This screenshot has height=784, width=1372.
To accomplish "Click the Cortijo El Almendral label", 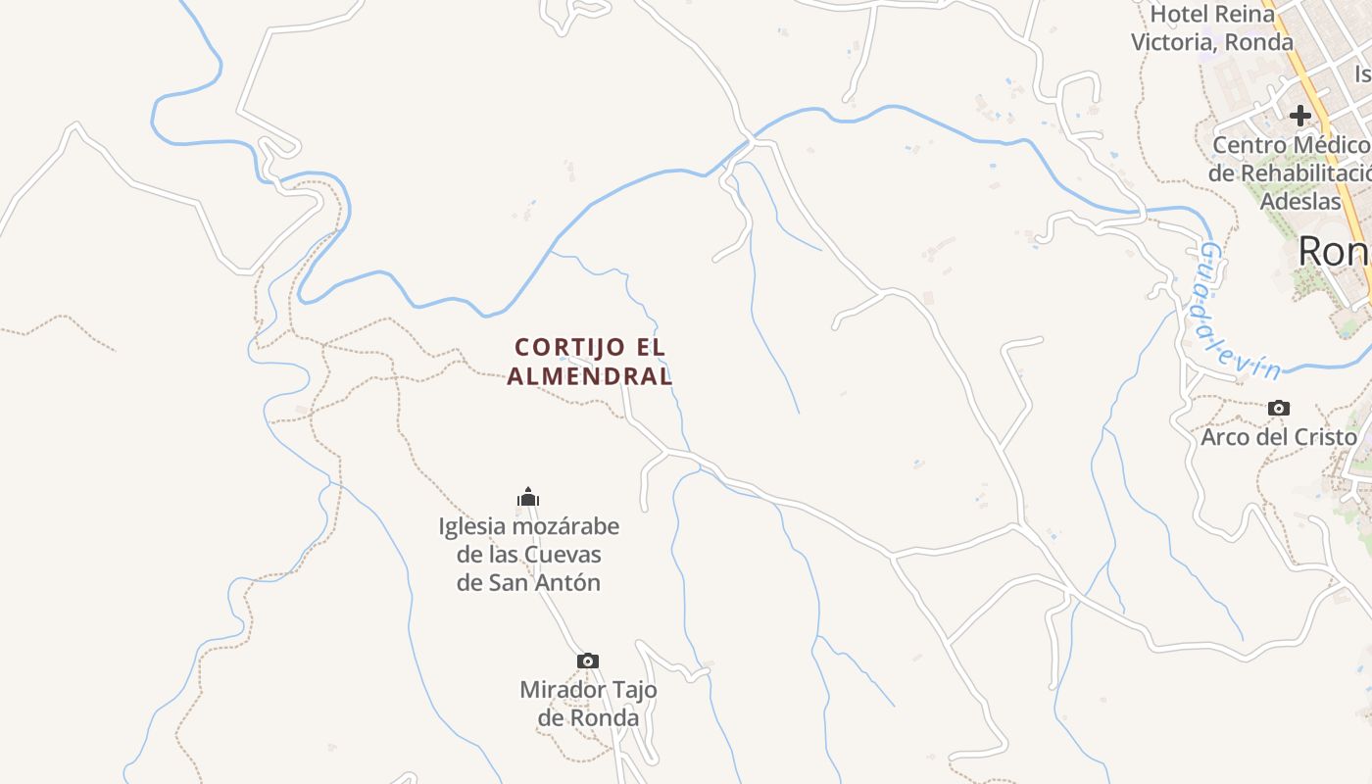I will coord(590,361).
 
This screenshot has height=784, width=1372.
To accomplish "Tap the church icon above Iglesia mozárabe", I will coord(529,497).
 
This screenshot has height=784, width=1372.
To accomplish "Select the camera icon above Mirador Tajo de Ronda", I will coord(588,661).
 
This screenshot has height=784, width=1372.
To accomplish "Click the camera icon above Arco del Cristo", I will coord(1279,408).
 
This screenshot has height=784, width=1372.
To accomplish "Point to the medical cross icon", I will coord(1300,116).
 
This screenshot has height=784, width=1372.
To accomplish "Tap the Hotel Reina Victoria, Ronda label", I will coord(1212,28).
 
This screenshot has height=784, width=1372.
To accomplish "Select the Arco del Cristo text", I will coord(1279,437).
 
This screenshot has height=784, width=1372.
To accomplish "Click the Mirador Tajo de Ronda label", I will coord(588,704).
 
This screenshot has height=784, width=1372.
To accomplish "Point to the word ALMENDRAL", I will coord(590,375).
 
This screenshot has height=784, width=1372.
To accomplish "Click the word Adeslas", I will coord(1300,202).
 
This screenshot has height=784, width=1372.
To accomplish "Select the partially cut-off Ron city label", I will coord(1333,252).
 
